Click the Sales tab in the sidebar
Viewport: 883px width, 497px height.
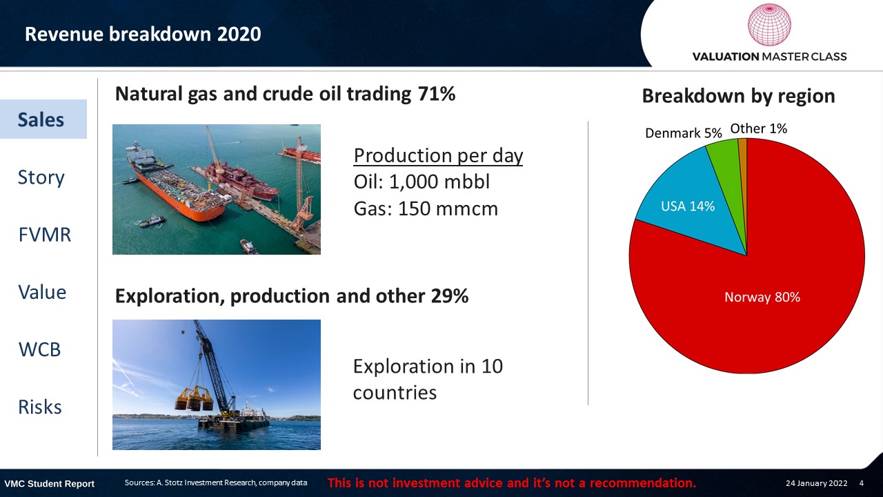pos(43,119)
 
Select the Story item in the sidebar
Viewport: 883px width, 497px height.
pos(41,177)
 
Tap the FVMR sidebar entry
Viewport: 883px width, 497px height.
pos(45,235)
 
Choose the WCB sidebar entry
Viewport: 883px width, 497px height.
pos(39,349)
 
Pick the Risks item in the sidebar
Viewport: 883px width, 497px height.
pos(40,407)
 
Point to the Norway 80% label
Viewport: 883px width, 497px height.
pos(762,297)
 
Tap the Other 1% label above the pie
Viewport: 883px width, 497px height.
pos(758,128)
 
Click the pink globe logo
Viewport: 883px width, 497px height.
pos(769,25)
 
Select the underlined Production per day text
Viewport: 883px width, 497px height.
pos(438,155)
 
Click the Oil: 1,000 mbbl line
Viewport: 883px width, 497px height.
pos(421,182)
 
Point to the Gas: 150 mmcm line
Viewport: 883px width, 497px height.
pos(426,208)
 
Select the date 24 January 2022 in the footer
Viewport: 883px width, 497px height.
pos(816,483)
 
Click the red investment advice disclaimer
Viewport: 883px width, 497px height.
pos(512,483)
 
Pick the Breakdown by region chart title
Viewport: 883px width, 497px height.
pos(738,96)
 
